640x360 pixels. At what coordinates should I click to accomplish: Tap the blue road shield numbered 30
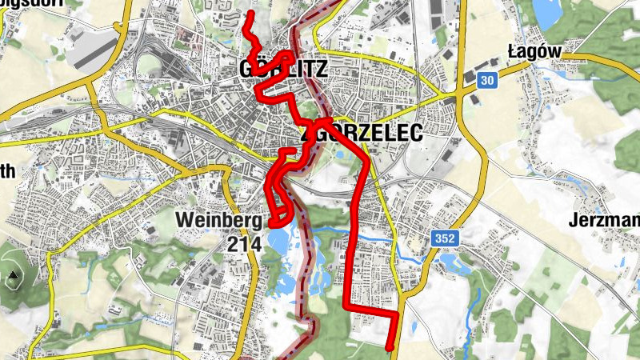pos(487,81)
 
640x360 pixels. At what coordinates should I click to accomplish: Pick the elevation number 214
pos(244,244)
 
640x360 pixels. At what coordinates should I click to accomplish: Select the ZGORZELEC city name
pos(359,134)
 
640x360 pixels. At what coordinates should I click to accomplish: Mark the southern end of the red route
pos(390,348)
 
